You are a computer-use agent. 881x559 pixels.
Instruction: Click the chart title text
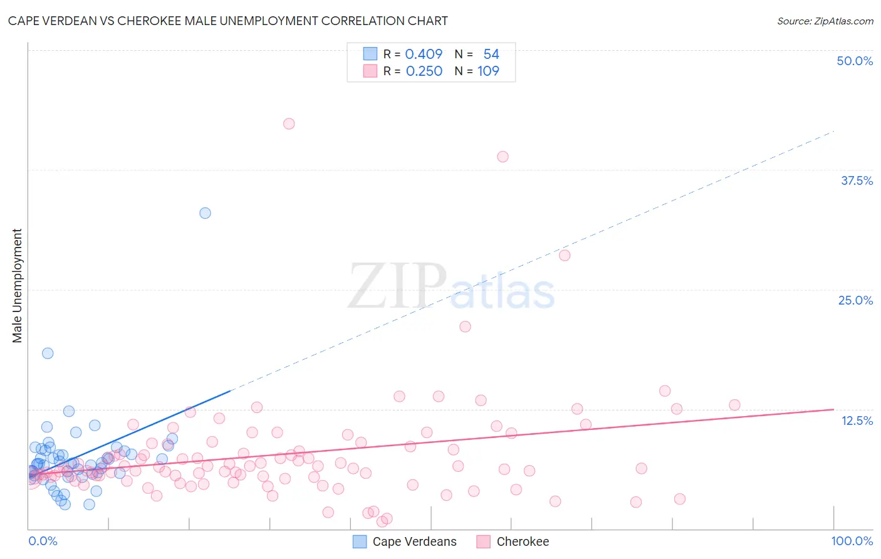pyautogui.click(x=228, y=21)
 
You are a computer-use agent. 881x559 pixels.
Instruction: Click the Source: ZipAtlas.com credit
pyautogui.click(x=825, y=21)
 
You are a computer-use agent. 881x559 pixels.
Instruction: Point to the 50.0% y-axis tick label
pyautogui.click(x=855, y=61)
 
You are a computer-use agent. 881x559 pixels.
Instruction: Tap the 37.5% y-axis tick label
pyautogui.click(x=857, y=180)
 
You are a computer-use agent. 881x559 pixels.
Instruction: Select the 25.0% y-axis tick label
pyautogui.click(x=855, y=300)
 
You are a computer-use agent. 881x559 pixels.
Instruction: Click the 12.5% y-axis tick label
pyautogui.click(x=857, y=421)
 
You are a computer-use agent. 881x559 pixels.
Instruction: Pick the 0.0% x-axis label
pyautogui.click(x=43, y=541)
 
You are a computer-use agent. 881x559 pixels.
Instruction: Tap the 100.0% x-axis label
pyautogui.click(x=852, y=541)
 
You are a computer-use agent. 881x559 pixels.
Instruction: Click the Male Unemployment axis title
pyautogui.click(x=17, y=286)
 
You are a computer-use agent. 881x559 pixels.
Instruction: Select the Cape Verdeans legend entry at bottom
pyautogui.click(x=405, y=541)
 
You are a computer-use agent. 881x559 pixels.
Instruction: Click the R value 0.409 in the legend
pyautogui.click(x=424, y=54)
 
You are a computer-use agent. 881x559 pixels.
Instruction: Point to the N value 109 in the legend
pyautogui.click(x=488, y=71)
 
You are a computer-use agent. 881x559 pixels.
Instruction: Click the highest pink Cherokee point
pyautogui.click(x=289, y=123)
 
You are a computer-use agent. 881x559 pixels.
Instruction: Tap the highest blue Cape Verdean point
pyautogui.click(x=205, y=213)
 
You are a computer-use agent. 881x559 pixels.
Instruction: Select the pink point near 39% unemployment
pyautogui.click(x=503, y=157)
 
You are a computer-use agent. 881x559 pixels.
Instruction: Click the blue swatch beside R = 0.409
pyautogui.click(x=370, y=54)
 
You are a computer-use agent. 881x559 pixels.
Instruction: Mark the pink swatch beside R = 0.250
pyautogui.click(x=370, y=71)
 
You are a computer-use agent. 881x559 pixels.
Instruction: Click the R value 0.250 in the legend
pyautogui.click(x=424, y=71)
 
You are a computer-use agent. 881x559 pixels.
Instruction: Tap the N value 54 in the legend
pyautogui.click(x=491, y=54)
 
